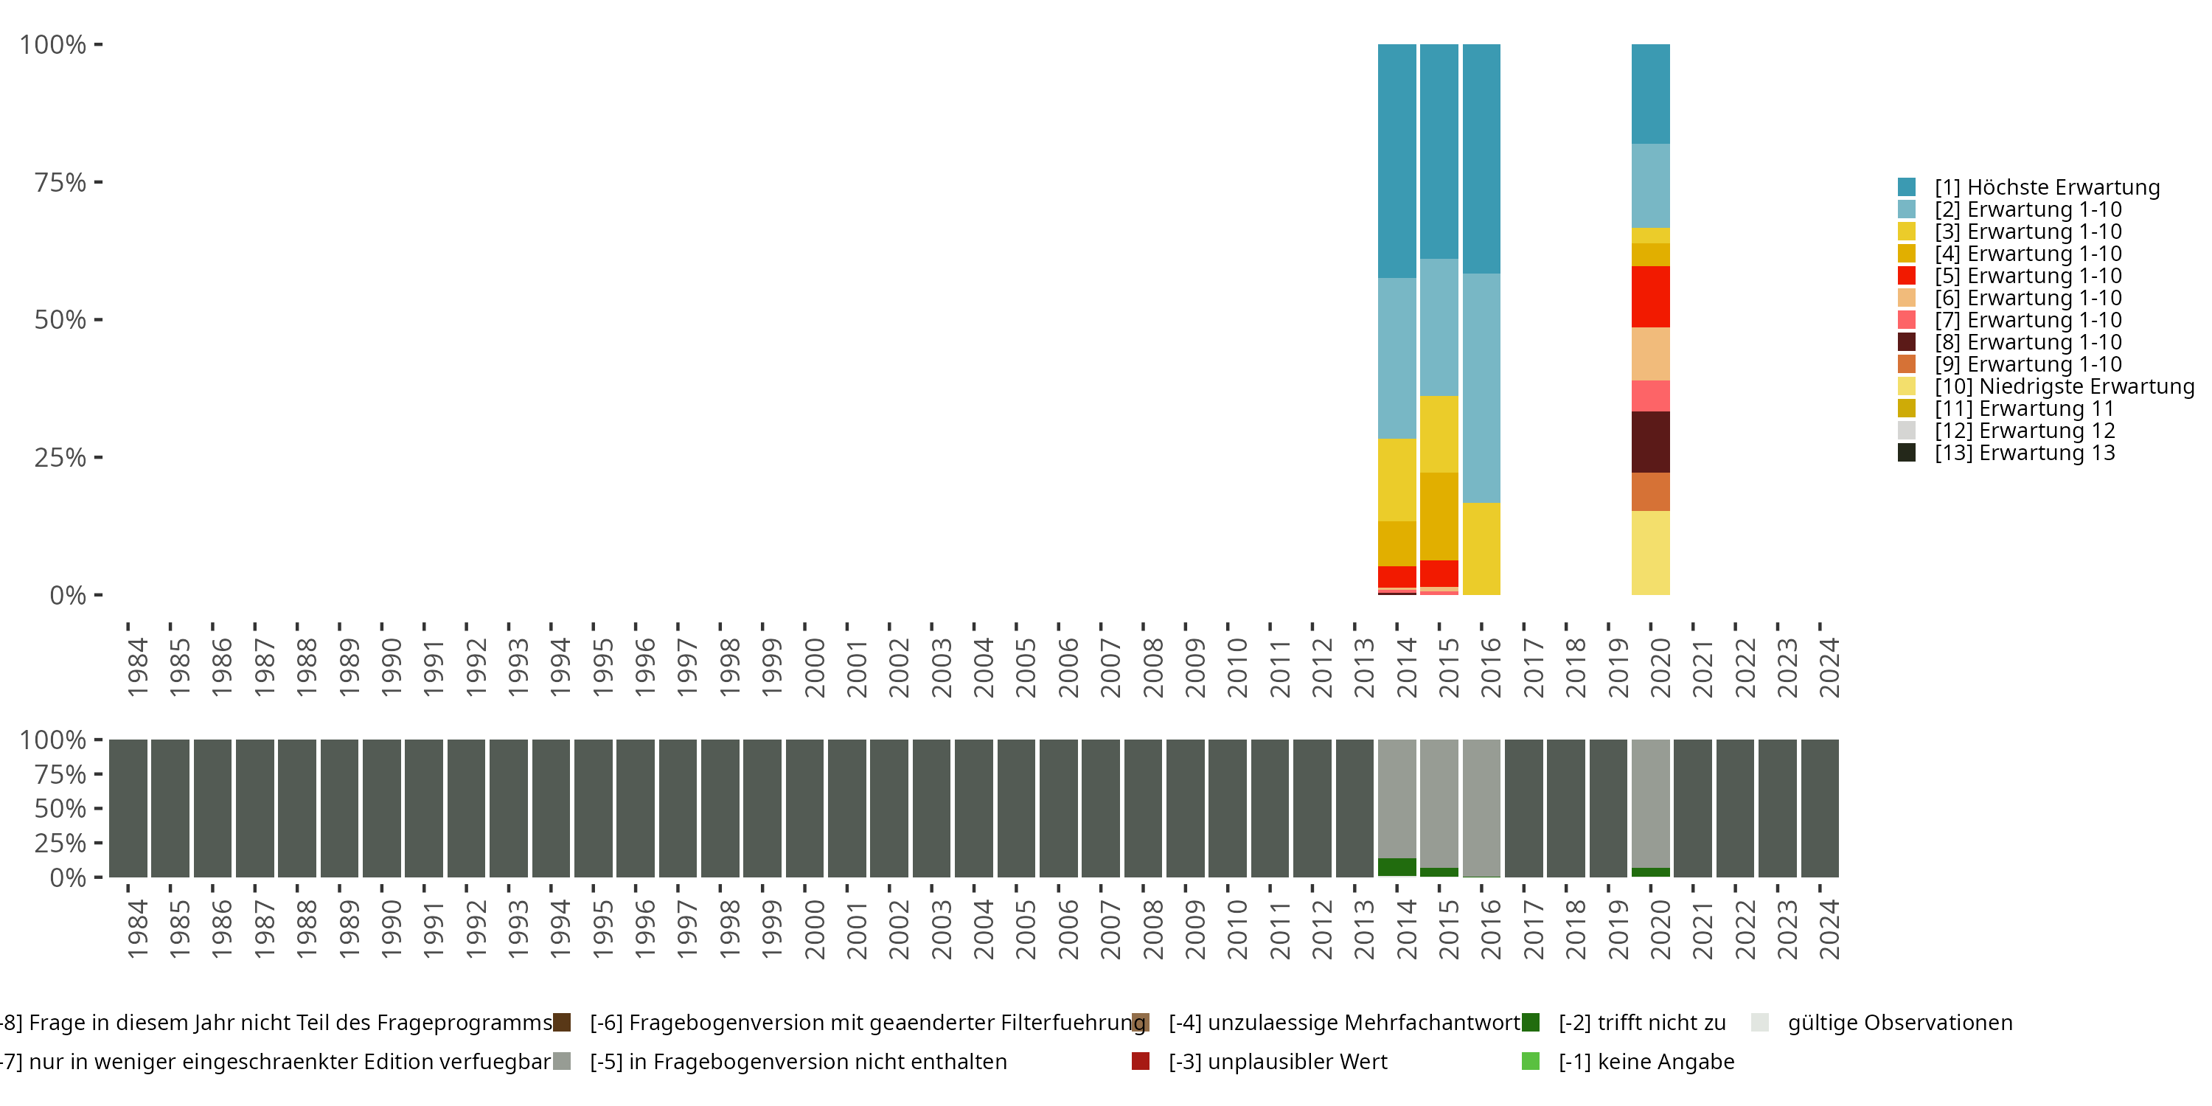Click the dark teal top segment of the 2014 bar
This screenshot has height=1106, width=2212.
pyautogui.click(x=1397, y=161)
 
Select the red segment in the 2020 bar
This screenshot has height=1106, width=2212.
pyautogui.click(x=1649, y=296)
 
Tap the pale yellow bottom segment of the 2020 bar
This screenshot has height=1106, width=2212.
pyautogui.click(x=1649, y=552)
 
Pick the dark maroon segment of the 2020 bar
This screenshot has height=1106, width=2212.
pyautogui.click(x=1649, y=442)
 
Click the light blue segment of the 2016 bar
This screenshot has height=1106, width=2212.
pyautogui.click(x=1481, y=387)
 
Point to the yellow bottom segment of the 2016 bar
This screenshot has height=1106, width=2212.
pyautogui.click(x=1481, y=548)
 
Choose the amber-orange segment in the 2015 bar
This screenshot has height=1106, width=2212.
pyautogui.click(x=1439, y=516)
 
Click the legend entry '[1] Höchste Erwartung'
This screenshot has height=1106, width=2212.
pyautogui.click(x=2045, y=187)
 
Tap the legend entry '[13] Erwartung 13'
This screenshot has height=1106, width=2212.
pyautogui.click(x=2023, y=453)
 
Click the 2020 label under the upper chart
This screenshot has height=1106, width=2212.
pyautogui.click(x=1659, y=667)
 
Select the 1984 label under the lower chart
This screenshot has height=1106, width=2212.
pyautogui.click(x=137, y=929)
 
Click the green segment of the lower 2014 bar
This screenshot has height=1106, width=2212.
pyautogui.click(x=1397, y=867)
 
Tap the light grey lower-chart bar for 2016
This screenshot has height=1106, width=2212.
pyautogui.click(x=1481, y=807)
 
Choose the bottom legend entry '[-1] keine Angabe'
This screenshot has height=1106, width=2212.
pyautogui.click(x=1645, y=1061)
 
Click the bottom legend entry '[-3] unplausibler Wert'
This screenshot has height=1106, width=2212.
pyautogui.click(x=1276, y=1061)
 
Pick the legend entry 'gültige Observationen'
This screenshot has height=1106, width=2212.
pyautogui.click(x=1899, y=1023)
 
